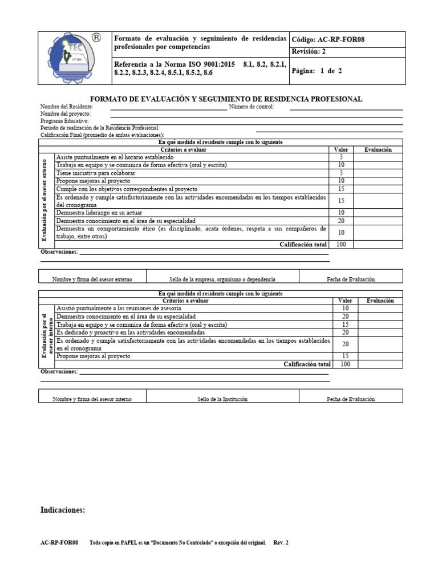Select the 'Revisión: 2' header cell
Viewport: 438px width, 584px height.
point(309,52)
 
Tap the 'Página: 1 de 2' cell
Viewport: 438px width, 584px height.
point(317,71)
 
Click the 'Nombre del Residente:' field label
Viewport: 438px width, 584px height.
point(67,107)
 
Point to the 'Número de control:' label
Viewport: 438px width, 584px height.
point(252,107)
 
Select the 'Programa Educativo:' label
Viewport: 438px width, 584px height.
point(64,121)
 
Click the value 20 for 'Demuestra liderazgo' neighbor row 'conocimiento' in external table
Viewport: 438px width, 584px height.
point(341,220)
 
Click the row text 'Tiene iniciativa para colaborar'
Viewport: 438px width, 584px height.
point(96,173)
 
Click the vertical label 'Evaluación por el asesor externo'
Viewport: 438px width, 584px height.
point(44,200)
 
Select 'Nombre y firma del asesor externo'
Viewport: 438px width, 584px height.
point(92,279)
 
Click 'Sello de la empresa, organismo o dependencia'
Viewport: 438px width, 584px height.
point(222,279)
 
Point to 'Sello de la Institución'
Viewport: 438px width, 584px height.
point(222,399)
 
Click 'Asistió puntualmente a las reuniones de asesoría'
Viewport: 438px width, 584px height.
point(119,308)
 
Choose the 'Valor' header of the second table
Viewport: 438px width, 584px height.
point(345,301)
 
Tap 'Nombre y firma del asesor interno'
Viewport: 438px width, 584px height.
point(92,399)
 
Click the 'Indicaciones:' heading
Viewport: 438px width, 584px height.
point(63,510)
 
